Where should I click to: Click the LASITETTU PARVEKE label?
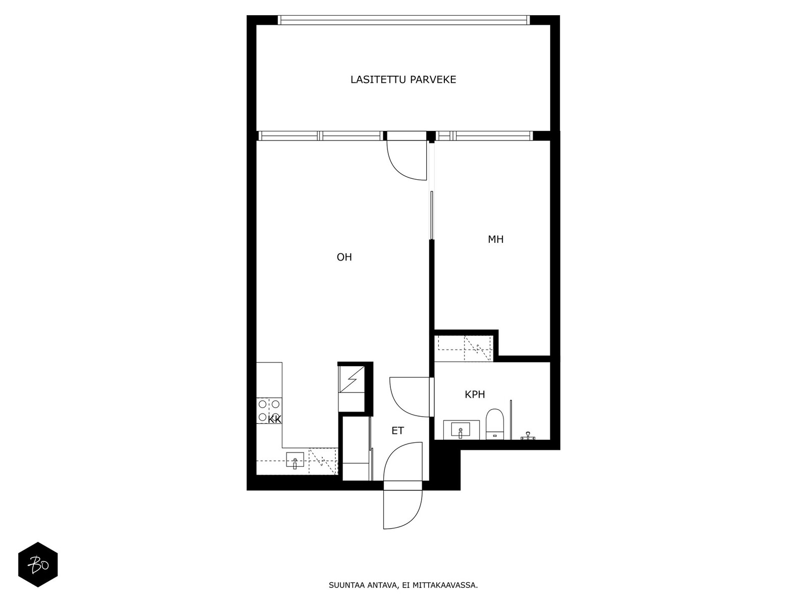[x=403, y=79]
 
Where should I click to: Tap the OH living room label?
[x=344, y=257]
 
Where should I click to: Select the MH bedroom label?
[x=496, y=239]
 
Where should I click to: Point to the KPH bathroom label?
[x=475, y=394]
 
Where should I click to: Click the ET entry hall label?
[x=397, y=430]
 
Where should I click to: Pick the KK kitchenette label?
[x=275, y=420]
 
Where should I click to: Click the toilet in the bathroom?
[x=494, y=424]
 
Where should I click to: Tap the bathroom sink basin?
[x=460, y=430]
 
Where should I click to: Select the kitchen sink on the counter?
[x=295, y=460]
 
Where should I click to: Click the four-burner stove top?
[x=269, y=411]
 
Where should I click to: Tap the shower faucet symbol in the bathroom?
[x=528, y=436]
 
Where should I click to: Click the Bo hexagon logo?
[x=38, y=565]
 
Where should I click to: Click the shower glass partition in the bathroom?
[x=510, y=420]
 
